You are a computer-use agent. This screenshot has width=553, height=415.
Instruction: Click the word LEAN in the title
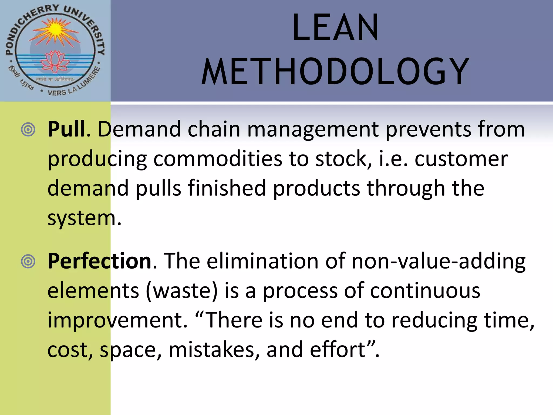pos(335,28)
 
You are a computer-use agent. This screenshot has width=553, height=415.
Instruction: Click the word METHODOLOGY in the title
pos(335,72)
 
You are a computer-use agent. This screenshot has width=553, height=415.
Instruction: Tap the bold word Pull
pos(66,129)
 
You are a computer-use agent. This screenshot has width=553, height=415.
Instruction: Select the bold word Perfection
pos(100,261)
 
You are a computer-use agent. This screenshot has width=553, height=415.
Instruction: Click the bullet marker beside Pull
pos(28,130)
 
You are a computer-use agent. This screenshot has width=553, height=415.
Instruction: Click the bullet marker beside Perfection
pos(28,262)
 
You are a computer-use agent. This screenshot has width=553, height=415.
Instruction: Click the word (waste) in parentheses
pos(182,291)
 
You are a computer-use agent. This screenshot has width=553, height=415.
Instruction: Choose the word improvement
pos(117,320)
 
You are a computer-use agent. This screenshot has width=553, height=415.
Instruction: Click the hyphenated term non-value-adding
pos(439,262)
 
